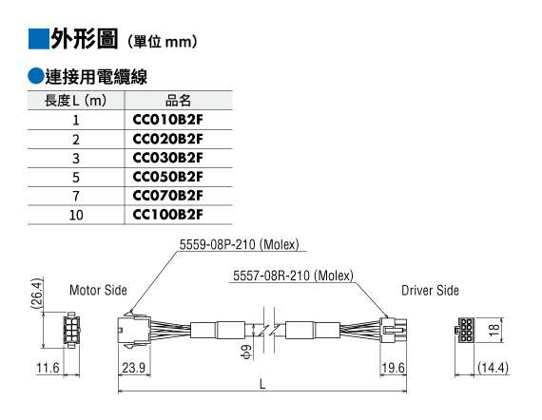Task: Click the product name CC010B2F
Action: pyautogui.click(x=167, y=120)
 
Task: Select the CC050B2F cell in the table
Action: pyautogui.click(x=167, y=177)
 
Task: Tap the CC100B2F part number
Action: pyautogui.click(x=167, y=215)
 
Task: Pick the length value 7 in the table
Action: pyautogui.click(x=76, y=196)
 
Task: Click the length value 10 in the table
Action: pyautogui.click(x=76, y=215)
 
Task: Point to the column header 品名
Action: pyautogui.click(x=178, y=101)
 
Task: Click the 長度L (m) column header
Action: pyautogui.click(x=75, y=101)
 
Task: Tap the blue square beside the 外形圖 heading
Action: pyautogui.click(x=38, y=39)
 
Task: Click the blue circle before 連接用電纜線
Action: pyautogui.click(x=36, y=76)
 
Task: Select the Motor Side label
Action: pyautogui.click(x=98, y=290)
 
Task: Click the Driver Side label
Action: pyautogui.click(x=430, y=291)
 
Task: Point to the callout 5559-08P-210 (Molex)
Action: pyautogui.click(x=239, y=244)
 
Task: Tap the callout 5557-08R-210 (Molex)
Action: pyautogui.click(x=293, y=276)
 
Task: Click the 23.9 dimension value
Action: pyautogui.click(x=134, y=368)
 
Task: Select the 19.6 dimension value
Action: pyautogui.click(x=393, y=368)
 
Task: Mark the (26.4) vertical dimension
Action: pyautogui.click(x=36, y=293)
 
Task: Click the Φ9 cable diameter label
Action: pyautogui.click(x=246, y=352)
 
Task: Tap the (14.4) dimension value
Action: pyautogui.click(x=493, y=368)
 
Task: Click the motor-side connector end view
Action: pyautogui.click(x=71, y=330)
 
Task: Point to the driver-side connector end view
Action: pyautogui.click(x=465, y=330)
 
